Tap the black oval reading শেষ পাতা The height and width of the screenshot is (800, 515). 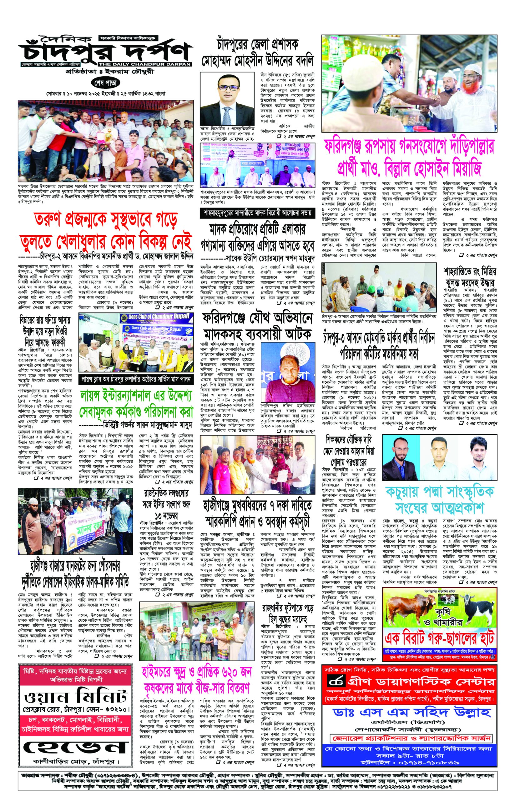point(105,82)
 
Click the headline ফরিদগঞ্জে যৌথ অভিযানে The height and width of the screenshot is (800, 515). point(257,318)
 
